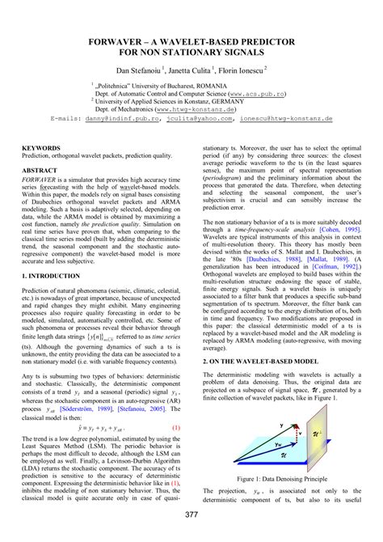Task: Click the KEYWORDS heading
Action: click(41, 148)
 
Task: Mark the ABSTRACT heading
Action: click(40, 171)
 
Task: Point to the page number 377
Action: click(191, 516)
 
